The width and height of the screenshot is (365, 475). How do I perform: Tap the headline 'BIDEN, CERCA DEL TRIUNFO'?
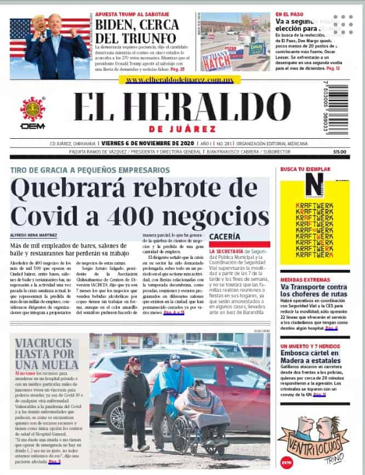136,31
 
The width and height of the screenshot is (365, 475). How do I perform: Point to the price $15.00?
340,152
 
